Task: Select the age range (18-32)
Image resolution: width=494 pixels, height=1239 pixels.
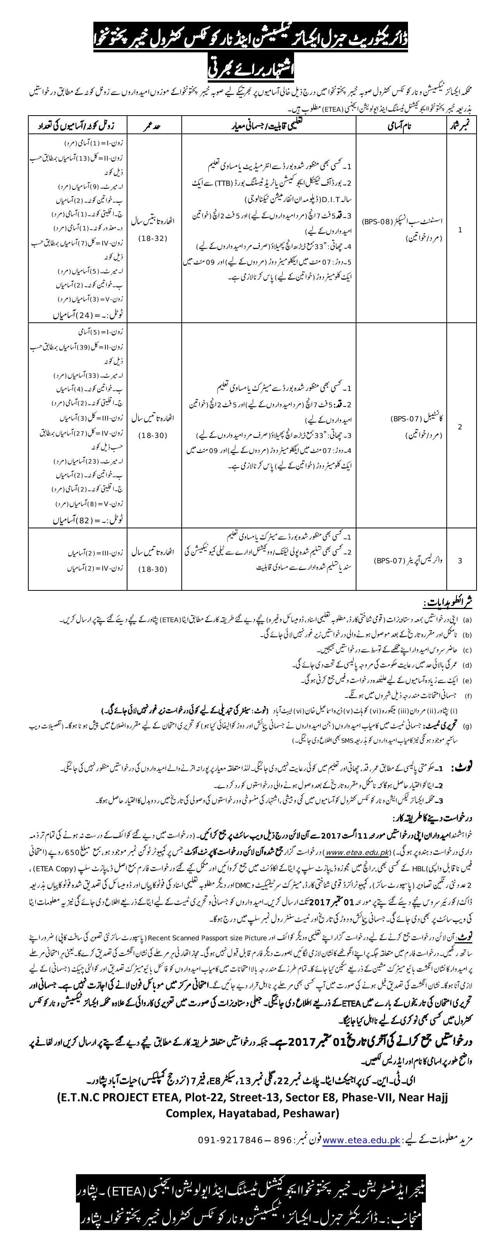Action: point(153,239)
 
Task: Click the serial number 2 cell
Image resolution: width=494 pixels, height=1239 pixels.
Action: point(460,426)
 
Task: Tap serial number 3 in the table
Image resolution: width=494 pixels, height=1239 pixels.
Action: point(460,560)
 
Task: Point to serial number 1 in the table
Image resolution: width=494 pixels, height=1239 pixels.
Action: point(460,230)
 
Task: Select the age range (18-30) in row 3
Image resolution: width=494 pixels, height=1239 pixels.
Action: point(153,569)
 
